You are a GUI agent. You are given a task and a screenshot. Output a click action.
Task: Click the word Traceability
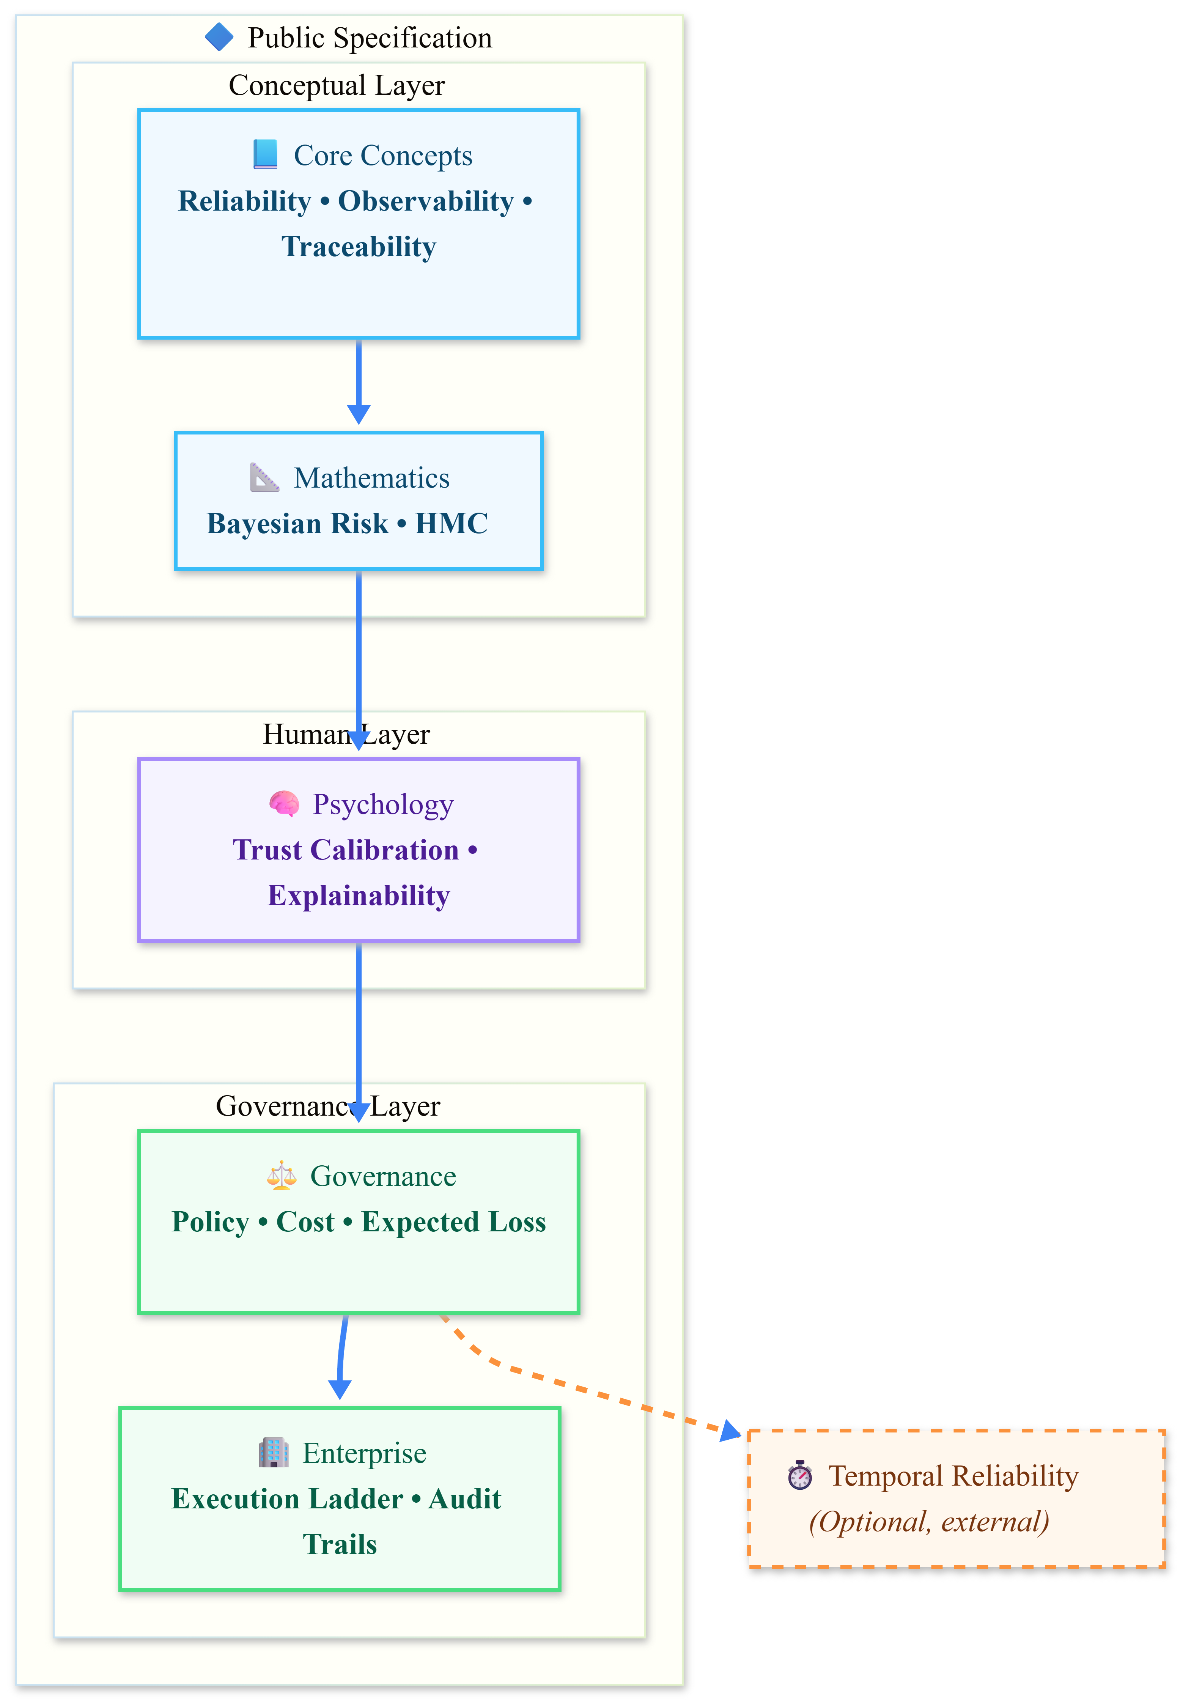[x=359, y=246]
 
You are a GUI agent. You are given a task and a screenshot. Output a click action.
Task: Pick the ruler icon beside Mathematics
[x=264, y=478]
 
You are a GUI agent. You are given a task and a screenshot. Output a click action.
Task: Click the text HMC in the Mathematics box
[x=451, y=524]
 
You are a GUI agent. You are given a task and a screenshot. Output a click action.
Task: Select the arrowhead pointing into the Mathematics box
[x=359, y=414]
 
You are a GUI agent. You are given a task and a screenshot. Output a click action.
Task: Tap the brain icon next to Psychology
[x=284, y=804]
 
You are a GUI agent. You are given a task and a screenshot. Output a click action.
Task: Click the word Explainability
[x=359, y=896]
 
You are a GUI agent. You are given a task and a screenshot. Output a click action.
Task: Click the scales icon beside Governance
[x=281, y=1176]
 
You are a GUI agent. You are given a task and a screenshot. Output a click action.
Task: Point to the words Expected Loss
[x=453, y=1221]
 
